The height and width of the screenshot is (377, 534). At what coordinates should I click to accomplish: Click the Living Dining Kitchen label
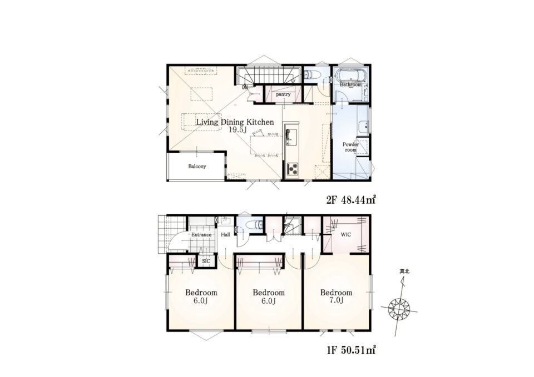click(x=235, y=122)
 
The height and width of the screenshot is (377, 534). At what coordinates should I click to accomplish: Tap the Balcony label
click(x=197, y=167)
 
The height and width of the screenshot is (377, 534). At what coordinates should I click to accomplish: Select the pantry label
click(x=283, y=94)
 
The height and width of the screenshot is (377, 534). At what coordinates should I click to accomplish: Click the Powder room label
click(x=351, y=147)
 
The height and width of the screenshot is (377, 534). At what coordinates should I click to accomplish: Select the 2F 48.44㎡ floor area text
click(x=351, y=200)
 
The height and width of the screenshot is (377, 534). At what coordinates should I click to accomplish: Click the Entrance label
click(x=201, y=234)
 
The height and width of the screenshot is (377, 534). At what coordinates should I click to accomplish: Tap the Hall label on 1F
click(x=225, y=234)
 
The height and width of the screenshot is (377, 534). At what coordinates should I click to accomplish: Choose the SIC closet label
click(x=206, y=261)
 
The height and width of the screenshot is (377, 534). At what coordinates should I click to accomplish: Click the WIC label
click(x=346, y=234)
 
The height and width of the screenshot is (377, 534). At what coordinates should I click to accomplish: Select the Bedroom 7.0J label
click(x=337, y=296)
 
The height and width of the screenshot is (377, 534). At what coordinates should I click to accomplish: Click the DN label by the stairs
click(x=245, y=88)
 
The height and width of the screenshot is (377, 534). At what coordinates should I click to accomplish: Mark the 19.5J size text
click(x=238, y=129)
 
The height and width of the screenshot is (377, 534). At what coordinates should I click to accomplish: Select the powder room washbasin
click(x=363, y=126)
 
